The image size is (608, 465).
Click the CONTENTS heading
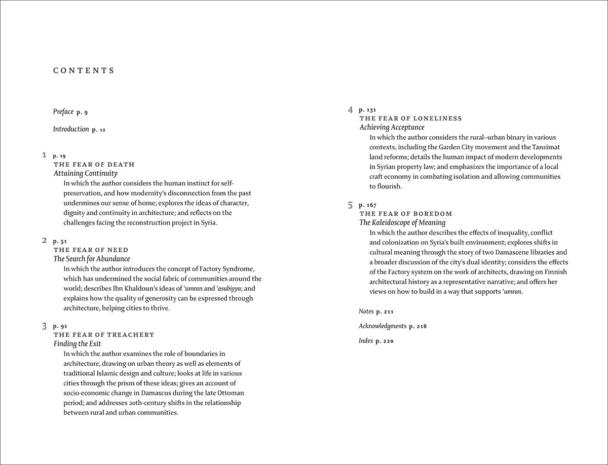click(x=84, y=71)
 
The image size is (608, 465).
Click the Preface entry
click(x=63, y=112)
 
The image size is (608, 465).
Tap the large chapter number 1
click(x=45, y=155)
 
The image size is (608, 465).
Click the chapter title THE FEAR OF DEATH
click(x=94, y=165)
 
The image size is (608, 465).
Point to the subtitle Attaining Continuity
click(x=86, y=173)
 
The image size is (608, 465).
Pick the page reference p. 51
click(x=60, y=241)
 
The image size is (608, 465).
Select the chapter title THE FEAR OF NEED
click(x=91, y=250)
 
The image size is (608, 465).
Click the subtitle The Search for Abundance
click(x=92, y=259)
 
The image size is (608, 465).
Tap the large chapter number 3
click(x=45, y=326)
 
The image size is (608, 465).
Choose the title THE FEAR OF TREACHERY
click(x=104, y=335)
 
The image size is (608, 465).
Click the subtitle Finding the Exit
click(x=78, y=344)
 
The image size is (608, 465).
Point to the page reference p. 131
click(x=367, y=110)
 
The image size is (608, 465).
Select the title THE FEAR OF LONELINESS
click(x=411, y=119)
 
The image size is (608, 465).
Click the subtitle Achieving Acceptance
click(x=392, y=128)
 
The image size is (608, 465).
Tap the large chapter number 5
click(x=350, y=205)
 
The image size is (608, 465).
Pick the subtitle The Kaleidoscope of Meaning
click(x=402, y=222)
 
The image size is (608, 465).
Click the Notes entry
click(x=366, y=312)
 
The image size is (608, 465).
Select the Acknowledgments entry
click(x=383, y=326)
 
